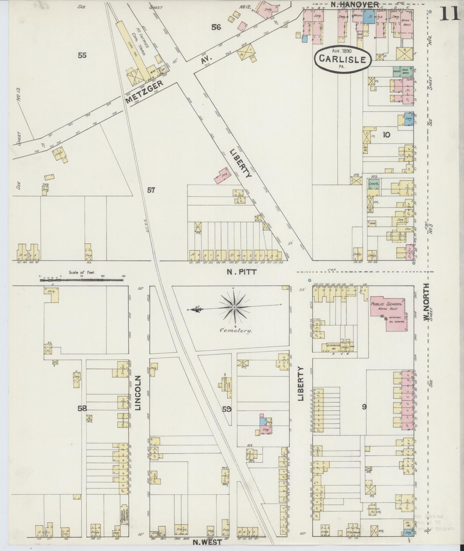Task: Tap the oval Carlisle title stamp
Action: click(343, 58)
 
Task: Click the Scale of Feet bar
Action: click(83, 279)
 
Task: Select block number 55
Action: click(82, 55)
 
